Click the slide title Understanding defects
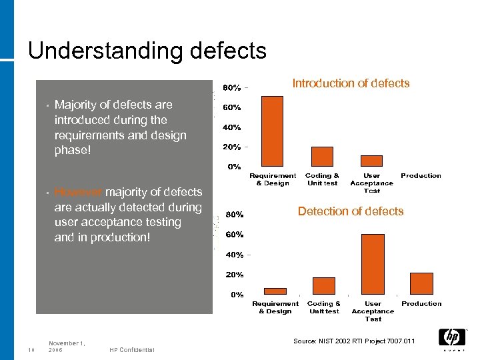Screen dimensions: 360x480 click(147, 51)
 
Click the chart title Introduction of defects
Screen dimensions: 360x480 click(351, 83)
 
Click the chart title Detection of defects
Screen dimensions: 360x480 click(351, 211)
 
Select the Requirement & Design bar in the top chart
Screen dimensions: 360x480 click(272, 131)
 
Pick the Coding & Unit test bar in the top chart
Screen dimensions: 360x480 click(322, 157)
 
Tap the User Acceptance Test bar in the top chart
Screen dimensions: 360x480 click(371, 161)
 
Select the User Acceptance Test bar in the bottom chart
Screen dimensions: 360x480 click(373, 264)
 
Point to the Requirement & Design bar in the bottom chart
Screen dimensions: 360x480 click(275, 291)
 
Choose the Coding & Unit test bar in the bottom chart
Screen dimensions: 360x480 click(324, 286)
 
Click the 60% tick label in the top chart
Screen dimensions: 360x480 click(232, 107)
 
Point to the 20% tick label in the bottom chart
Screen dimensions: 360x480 click(233, 275)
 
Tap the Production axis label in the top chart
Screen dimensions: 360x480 click(421, 176)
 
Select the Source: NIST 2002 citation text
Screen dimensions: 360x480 click(353, 341)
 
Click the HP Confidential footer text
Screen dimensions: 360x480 click(132, 350)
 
